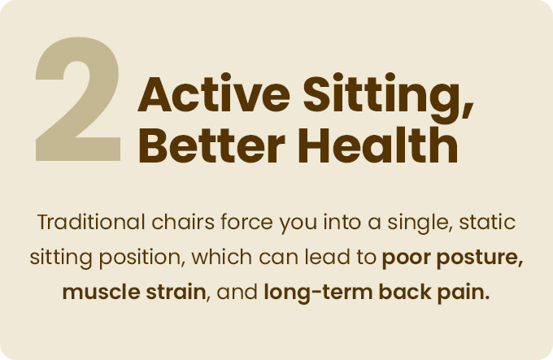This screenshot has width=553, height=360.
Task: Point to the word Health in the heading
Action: coord(378,145)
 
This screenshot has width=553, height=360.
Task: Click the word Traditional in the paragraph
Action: coord(91,222)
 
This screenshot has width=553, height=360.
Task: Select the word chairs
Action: coord(183,222)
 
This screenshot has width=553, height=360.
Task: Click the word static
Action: coord(487,222)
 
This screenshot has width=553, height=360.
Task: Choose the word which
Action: coord(222,257)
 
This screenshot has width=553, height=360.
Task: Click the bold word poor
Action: coord(406,259)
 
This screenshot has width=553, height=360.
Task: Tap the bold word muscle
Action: coord(101,292)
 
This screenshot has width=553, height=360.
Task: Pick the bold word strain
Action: coord(176,292)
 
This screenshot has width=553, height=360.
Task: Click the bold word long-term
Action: coord(318,293)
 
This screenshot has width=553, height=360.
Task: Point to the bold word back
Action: coord(405,292)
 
